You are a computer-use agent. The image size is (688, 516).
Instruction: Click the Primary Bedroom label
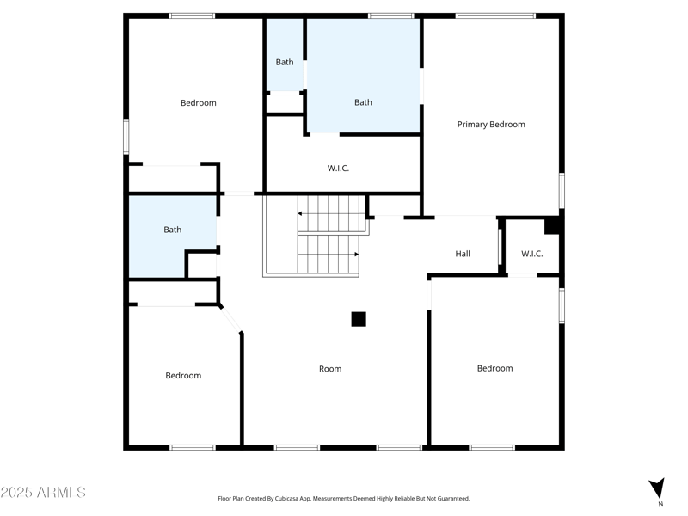490,125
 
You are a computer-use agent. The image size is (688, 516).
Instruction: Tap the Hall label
463,254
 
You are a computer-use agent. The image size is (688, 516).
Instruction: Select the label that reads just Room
330,369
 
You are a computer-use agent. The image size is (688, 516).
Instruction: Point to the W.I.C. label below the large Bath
338,169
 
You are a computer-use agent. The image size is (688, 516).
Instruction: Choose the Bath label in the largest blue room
363,102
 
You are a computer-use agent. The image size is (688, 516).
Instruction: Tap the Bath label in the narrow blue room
285,62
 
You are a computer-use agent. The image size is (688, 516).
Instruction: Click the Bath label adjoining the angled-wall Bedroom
173,230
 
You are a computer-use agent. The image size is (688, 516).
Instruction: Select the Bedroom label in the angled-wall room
183,376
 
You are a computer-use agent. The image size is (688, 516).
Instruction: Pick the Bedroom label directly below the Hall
494,369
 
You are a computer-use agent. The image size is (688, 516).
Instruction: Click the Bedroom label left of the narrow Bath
198,103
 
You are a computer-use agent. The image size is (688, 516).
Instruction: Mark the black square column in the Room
359,319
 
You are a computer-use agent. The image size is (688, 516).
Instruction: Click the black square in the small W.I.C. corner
552,226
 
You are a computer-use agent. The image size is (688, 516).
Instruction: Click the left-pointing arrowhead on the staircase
301,212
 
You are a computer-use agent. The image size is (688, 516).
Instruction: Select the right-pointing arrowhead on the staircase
355,255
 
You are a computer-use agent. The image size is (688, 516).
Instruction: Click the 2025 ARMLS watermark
43,493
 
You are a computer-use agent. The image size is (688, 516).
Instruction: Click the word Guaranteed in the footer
452,499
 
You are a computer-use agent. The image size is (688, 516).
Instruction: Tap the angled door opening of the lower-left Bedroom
230,319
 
